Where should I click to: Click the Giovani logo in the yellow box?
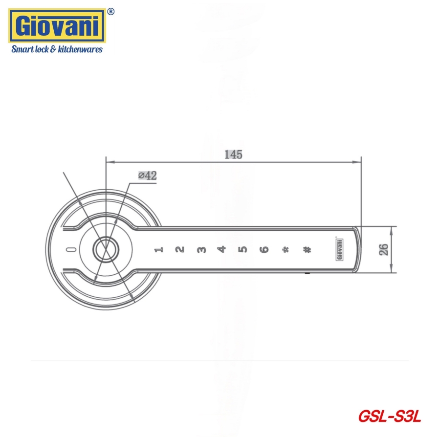[57, 26]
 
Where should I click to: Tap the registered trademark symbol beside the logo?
[111, 12]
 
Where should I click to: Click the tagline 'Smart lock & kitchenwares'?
[57, 49]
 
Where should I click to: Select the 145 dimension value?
[233, 154]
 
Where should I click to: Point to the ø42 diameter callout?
[148, 176]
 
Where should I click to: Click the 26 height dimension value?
[384, 249]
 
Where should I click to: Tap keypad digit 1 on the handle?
[159, 249]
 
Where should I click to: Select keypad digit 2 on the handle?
[180, 249]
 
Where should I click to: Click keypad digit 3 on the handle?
[201, 249]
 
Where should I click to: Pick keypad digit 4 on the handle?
[222, 249]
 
